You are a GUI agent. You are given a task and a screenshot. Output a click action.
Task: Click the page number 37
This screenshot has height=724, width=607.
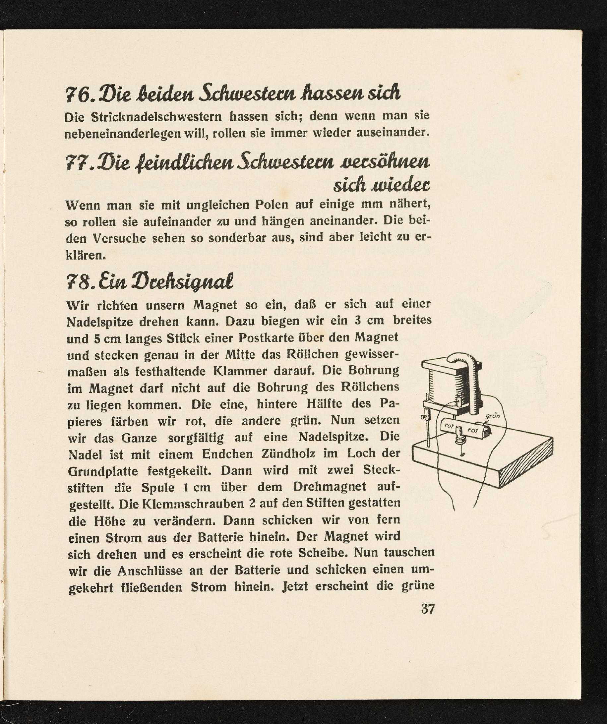click(x=428, y=609)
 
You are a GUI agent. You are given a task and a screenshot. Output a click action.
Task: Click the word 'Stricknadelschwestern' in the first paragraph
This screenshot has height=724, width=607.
click(x=156, y=117)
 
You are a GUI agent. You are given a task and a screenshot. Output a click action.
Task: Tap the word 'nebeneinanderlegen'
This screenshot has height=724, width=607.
click(x=123, y=133)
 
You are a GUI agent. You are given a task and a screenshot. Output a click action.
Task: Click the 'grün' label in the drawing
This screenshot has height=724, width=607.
click(x=493, y=416)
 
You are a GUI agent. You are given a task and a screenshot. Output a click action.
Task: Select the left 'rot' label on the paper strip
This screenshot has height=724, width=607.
click(x=449, y=426)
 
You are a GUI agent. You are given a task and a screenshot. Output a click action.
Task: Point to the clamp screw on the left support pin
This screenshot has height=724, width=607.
click(x=424, y=417)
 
